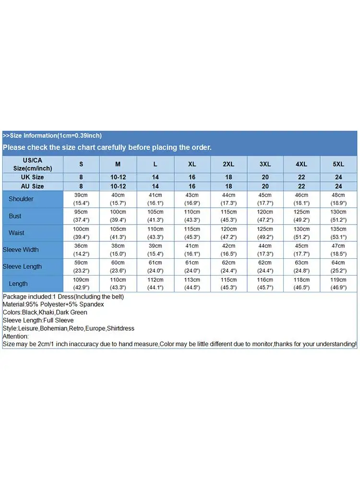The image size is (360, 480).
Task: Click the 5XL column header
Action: click(338, 164)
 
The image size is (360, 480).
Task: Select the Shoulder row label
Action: click(21, 199)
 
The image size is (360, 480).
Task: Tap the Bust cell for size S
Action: click(81, 216)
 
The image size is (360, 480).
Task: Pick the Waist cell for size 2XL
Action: click(228, 233)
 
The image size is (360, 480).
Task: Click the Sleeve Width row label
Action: click(21, 250)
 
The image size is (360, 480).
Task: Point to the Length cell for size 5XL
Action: click(338, 283)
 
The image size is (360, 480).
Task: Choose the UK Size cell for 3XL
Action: click(265, 177)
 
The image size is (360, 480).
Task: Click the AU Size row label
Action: click(32, 186)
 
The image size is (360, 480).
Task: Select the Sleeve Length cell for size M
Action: click(118, 266)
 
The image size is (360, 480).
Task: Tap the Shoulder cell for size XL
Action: click(192, 199)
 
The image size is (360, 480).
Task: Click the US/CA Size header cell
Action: click(32, 164)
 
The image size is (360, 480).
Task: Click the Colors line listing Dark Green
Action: click(45, 312)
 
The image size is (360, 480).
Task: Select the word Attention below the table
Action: click(15, 336)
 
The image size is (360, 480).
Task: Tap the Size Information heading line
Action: click(52, 136)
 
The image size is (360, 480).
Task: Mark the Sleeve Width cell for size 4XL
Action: click(301, 250)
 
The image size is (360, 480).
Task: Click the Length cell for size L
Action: click(155, 283)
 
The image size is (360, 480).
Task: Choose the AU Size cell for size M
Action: click(118, 186)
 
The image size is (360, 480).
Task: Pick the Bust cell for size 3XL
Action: click(265, 216)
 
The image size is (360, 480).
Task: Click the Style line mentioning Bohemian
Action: click(69, 328)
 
